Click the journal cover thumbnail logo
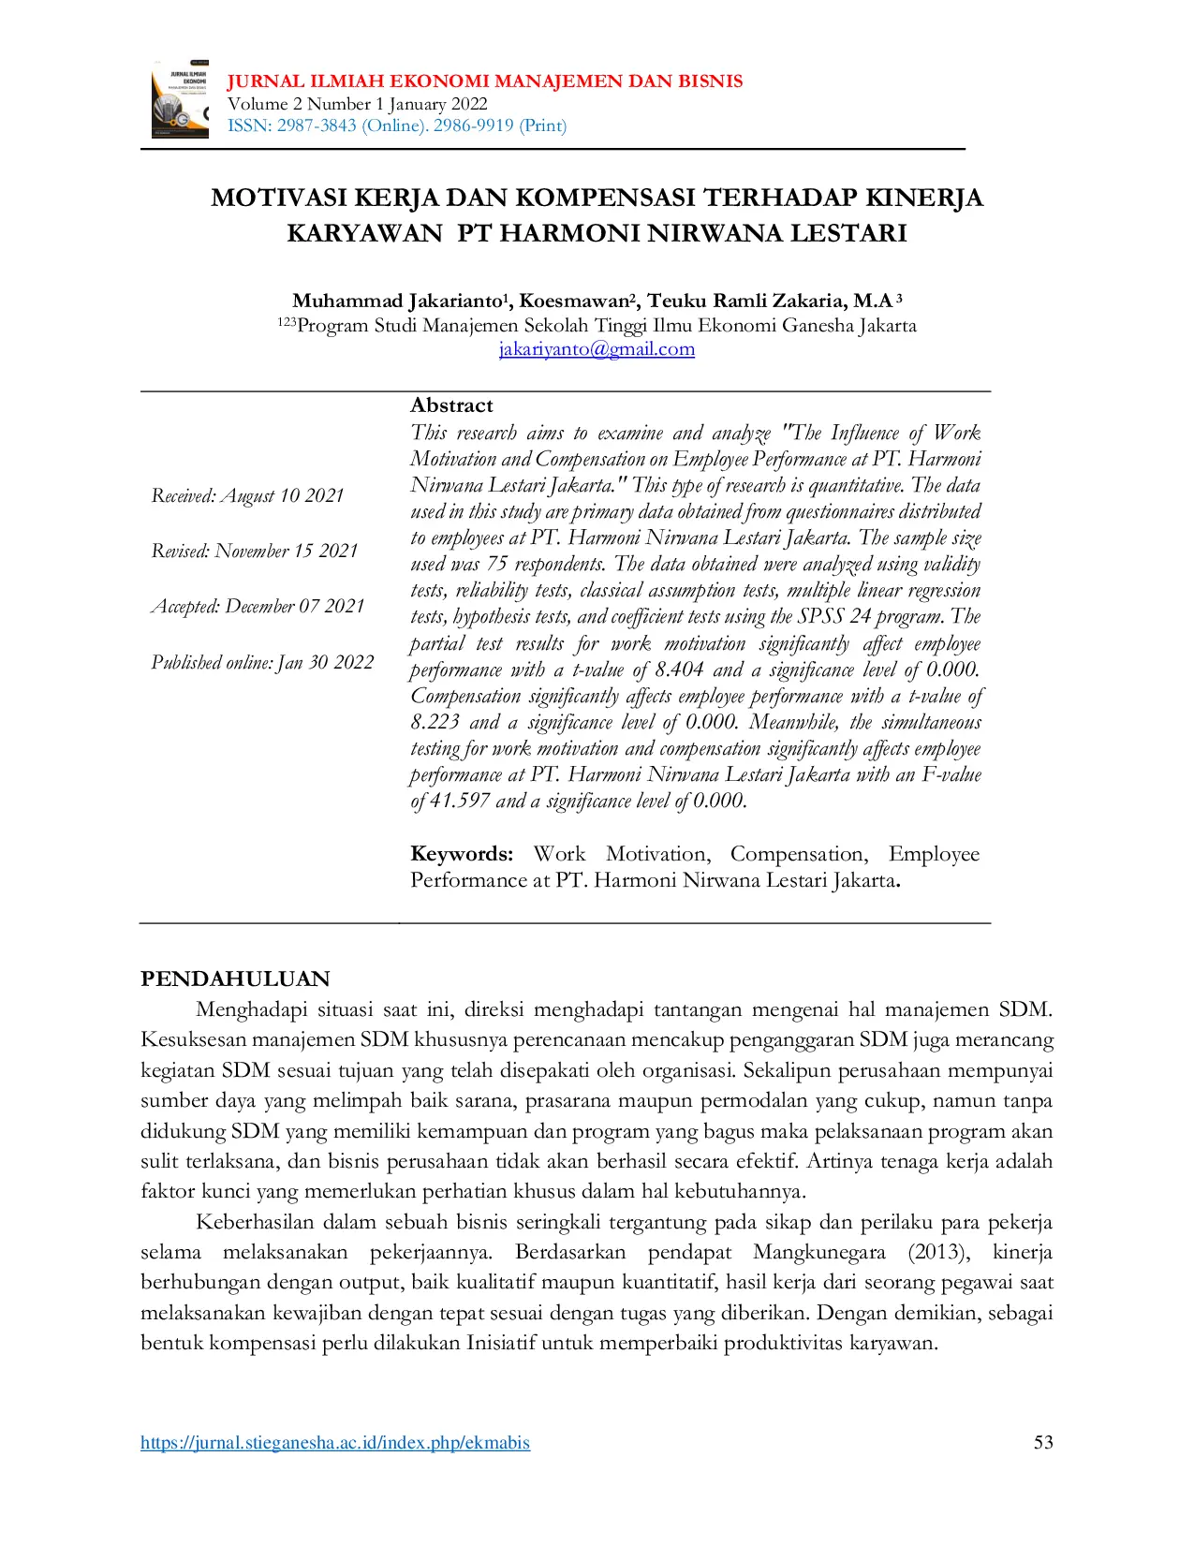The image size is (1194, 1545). (x=180, y=100)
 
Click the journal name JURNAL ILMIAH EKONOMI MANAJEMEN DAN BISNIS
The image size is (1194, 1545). (x=484, y=81)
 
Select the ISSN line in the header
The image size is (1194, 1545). (x=396, y=125)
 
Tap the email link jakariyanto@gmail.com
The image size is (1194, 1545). (x=597, y=349)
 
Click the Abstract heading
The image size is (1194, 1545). (x=451, y=405)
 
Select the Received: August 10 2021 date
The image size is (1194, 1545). (x=247, y=495)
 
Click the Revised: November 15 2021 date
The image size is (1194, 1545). (x=255, y=551)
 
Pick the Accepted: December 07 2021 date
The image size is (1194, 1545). (x=258, y=606)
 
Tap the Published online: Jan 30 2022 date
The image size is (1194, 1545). (x=262, y=662)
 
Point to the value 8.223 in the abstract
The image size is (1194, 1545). (x=435, y=722)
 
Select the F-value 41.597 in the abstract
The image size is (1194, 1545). (x=459, y=801)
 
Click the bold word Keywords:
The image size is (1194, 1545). (x=462, y=854)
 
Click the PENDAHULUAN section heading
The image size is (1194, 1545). (x=235, y=978)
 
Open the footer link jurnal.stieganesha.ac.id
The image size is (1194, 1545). (x=335, y=1443)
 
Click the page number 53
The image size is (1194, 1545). (x=1043, y=1442)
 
